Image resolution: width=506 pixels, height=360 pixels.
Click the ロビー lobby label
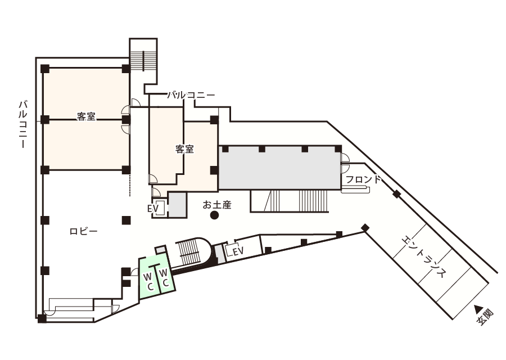tap(84, 231)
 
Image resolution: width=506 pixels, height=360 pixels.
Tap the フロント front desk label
tap(363, 180)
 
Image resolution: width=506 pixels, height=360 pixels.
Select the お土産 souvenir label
tap(217, 205)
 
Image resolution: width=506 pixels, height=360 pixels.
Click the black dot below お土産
tap(214, 215)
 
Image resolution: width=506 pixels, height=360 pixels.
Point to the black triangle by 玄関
tap(478, 308)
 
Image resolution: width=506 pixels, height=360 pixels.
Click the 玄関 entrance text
tap(485, 318)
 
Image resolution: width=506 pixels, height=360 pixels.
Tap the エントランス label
tap(424, 256)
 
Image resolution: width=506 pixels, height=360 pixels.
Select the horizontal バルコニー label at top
tap(191, 96)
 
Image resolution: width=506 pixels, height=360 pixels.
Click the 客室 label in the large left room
tap(86, 117)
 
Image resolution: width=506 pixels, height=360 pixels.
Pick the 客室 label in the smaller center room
tap(184, 150)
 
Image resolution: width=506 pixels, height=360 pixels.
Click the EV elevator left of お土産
tap(157, 209)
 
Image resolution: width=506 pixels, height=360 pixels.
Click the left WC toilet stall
tap(149, 280)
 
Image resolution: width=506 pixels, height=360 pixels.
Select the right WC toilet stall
tap(165, 277)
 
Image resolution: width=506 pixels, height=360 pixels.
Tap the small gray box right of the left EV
tap(178, 205)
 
